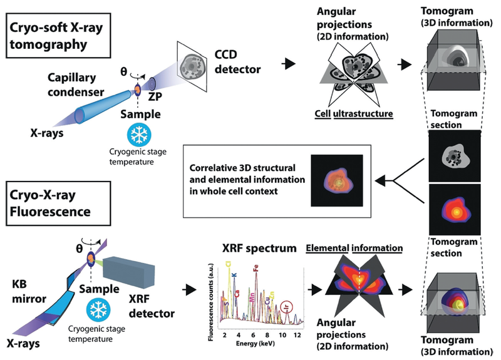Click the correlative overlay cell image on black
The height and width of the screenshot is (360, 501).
pos(336,182)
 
